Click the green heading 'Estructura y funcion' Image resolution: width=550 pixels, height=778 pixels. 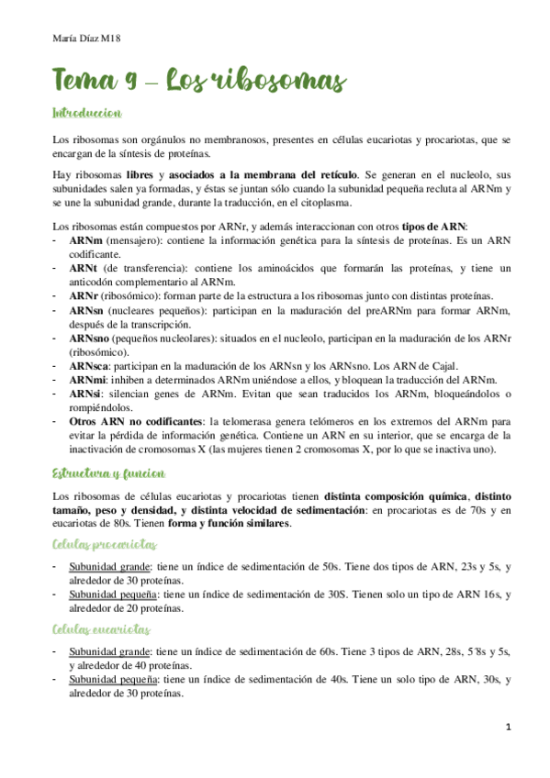[x=109, y=473]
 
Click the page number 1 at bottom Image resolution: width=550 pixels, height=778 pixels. [x=508, y=727]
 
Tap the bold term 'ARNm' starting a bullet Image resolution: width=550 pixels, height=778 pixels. [x=85, y=239]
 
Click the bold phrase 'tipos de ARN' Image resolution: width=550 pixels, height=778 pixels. [x=434, y=226]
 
